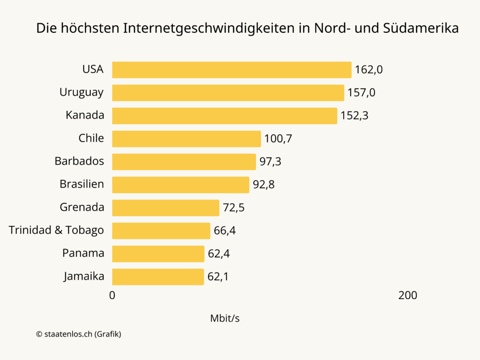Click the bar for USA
[232, 70]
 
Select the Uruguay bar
[228, 93]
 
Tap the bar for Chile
[186, 139]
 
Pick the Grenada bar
[165, 208]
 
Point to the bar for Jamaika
[158, 277]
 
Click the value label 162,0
[369, 70]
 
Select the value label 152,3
[354, 116]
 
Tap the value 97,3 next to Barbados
[270, 162]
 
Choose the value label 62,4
[219, 254]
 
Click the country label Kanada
[85, 115]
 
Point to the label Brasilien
[82, 184]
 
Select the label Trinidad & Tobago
[56, 230]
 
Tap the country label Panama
[83, 253]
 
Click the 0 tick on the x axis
[112, 295]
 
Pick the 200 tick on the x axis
[407, 295]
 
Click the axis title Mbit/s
[225, 318]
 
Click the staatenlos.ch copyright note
[79, 334]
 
